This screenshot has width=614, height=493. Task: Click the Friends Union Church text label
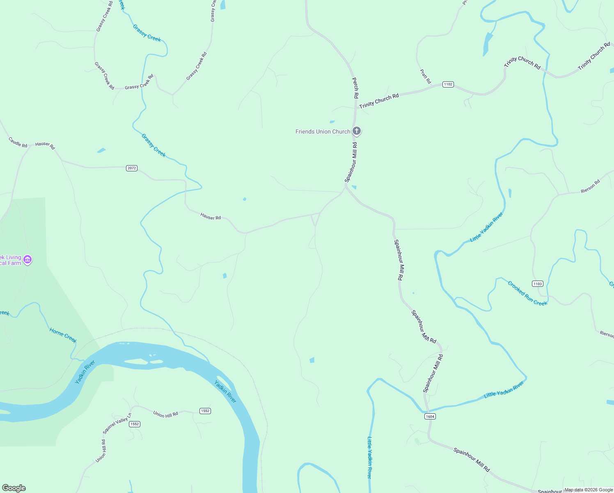click(x=323, y=131)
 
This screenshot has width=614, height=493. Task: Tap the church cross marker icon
click(x=357, y=131)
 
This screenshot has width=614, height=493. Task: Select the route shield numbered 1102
click(x=448, y=84)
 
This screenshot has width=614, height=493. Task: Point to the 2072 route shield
click(x=131, y=168)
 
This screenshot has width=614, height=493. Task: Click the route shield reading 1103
click(x=537, y=283)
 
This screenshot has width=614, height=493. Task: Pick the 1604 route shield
click(x=430, y=416)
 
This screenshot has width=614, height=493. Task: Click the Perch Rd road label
click(x=355, y=88)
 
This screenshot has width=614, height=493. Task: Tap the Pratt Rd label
click(x=426, y=76)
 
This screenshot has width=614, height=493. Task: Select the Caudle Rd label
click(x=18, y=142)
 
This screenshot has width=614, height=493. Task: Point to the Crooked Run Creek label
click(x=527, y=293)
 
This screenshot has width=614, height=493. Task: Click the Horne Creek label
click(x=63, y=335)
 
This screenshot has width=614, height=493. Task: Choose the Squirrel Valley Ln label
click(x=117, y=424)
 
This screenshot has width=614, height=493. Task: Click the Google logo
click(x=14, y=488)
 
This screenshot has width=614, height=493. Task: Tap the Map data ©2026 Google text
click(x=589, y=490)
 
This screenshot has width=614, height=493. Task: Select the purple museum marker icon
click(x=27, y=260)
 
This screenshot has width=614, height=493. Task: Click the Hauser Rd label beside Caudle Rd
click(x=45, y=145)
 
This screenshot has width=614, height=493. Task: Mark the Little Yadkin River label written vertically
click(x=369, y=457)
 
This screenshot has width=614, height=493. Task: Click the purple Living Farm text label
click(x=11, y=260)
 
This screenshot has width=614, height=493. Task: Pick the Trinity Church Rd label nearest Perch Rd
click(x=379, y=101)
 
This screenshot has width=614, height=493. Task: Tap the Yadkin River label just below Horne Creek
click(x=85, y=371)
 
